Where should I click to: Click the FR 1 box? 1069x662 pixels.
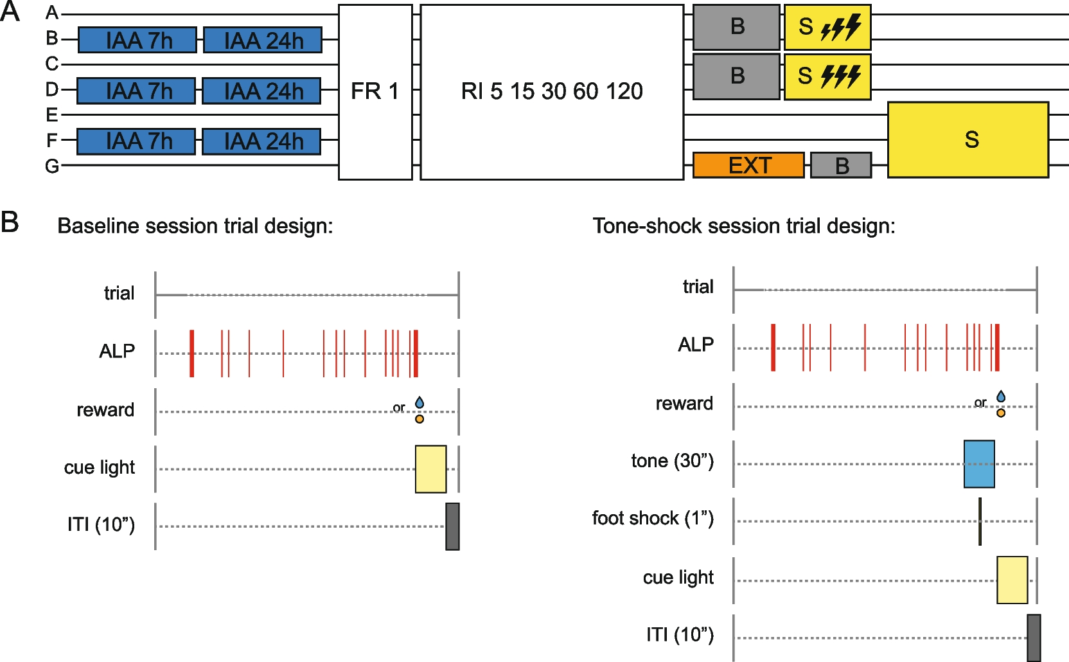[375, 92]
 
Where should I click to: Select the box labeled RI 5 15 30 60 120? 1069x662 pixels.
[552, 92]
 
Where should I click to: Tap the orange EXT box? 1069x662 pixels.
[748, 165]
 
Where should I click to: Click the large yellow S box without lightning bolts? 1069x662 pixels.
[968, 139]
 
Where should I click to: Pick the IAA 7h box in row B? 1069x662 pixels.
[137, 40]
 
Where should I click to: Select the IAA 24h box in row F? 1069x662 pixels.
[261, 141]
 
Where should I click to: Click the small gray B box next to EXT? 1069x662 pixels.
[841, 166]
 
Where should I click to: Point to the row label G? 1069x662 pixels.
[52, 166]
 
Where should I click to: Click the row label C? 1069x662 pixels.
[52, 64]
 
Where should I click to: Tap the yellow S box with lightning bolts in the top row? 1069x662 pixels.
[827, 27]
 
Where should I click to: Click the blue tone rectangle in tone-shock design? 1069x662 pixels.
[979, 464]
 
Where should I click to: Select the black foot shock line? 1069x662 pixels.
[980, 521]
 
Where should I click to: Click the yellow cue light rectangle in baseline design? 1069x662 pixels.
[430, 469]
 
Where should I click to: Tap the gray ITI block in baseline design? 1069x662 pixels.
[452, 526]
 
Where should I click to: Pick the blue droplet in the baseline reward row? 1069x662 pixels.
[420, 402]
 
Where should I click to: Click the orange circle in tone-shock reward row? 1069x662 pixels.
[1001, 413]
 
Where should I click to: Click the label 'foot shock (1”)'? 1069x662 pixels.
[653, 518]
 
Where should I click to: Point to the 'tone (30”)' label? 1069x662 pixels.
[672, 461]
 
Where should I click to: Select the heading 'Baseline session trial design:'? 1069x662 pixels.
[195, 226]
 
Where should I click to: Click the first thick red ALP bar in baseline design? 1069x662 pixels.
[192, 353]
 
